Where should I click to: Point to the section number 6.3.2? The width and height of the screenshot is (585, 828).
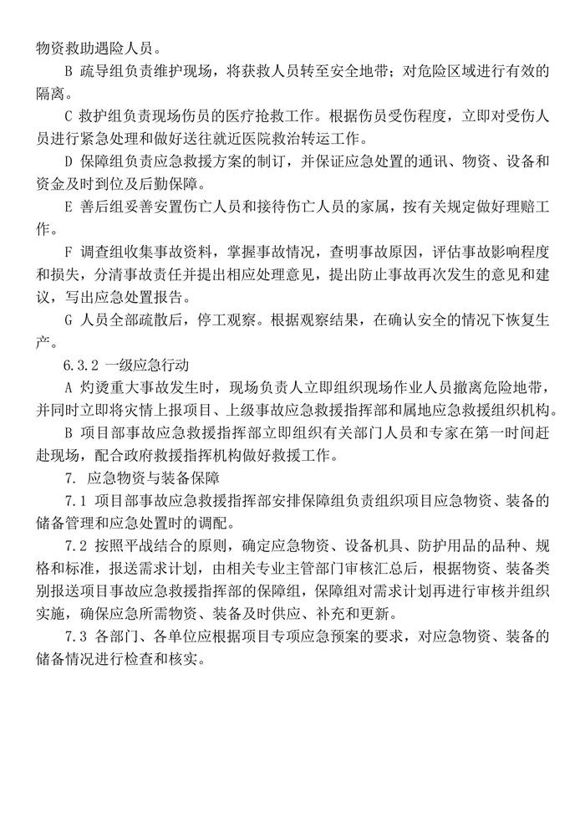81,365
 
